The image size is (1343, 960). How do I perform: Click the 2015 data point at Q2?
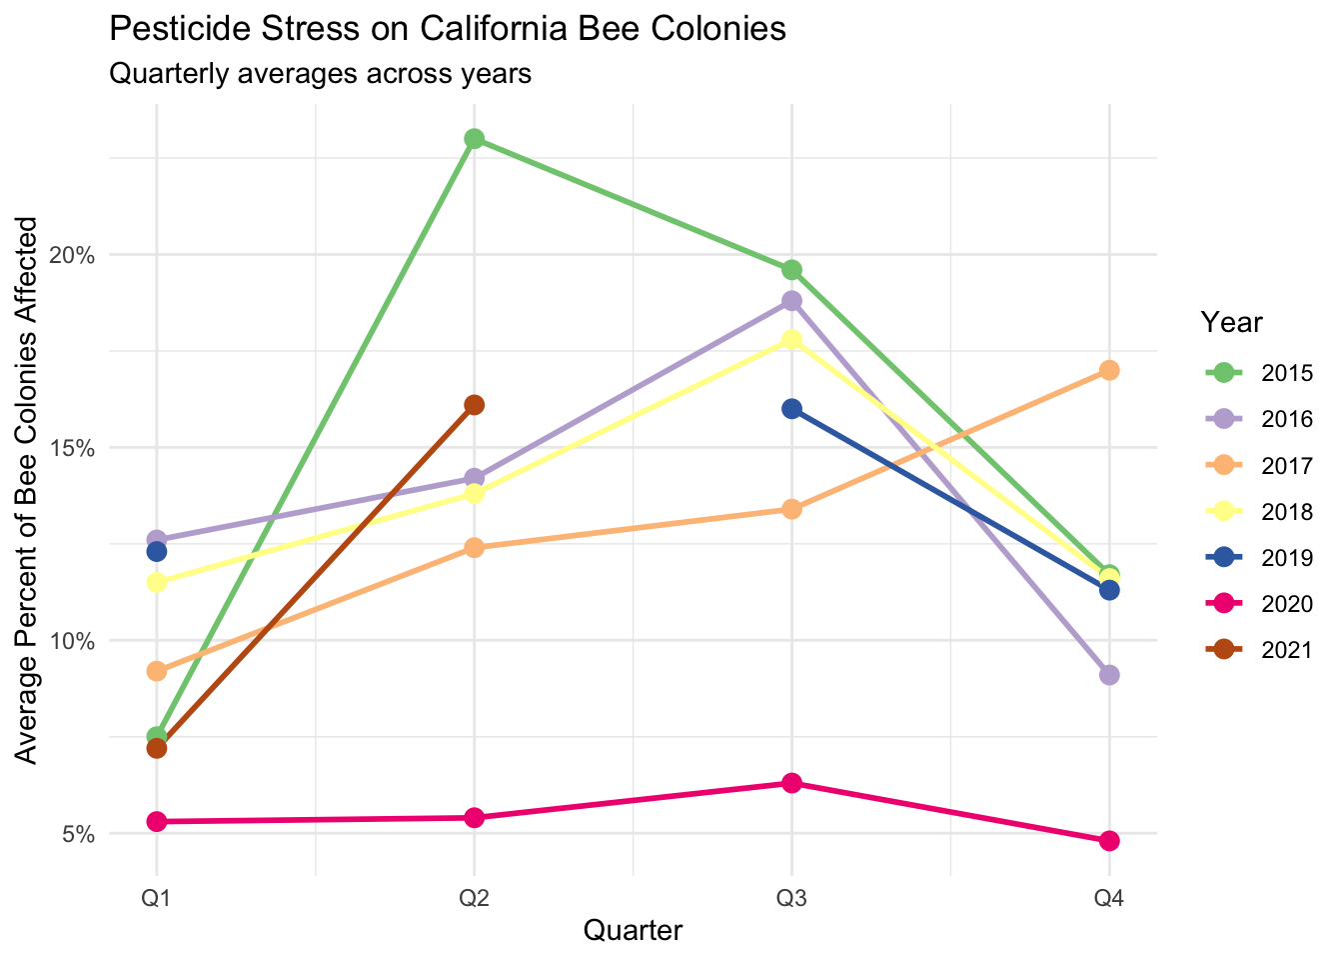pos(475,139)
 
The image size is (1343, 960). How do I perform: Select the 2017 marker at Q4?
pos(1108,370)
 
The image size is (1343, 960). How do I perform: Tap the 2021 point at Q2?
pos(475,405)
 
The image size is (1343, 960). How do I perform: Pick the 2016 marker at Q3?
pos(791,301)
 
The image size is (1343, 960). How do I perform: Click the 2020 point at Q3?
pos(791,783)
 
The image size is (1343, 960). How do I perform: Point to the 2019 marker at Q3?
pos(791,409)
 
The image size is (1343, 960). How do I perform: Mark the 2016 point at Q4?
pos(1108,675)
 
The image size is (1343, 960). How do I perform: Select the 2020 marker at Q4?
pos(1108,841)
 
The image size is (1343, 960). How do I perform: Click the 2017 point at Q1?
pos(157,671)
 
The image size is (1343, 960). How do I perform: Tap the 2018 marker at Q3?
pos(791,339)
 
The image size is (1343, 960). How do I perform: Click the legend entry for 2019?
pos(1260,558)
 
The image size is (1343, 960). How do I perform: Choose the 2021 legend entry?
pos(1260,650)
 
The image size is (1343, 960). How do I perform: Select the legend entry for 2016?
pos(1260,419)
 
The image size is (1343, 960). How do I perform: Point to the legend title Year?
pos(1231,323)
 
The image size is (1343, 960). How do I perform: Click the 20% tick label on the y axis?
pos(73,255)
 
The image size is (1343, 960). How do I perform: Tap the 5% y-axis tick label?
pos(78,834)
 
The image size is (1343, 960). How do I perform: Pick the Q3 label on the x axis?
pos(791,900)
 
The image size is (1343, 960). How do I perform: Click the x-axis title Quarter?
pos(633,931)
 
